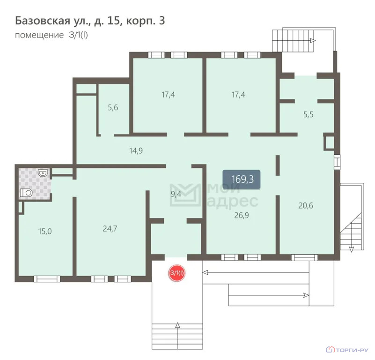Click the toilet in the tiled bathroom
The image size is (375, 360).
pos(26,193)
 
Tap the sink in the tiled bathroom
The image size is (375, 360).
pos(43,172)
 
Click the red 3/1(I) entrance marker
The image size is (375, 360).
pos(177,273)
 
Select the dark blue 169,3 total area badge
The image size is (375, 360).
pos(242,180)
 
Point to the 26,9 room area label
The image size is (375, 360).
pos(242,215)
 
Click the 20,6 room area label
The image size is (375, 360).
pos(306,205)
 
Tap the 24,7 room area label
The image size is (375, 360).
pos(110,229)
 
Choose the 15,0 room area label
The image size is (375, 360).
pos(45,232)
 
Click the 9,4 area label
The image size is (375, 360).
pos(176,194)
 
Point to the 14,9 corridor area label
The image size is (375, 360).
pos(136,150)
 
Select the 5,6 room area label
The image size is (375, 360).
pos(113,107)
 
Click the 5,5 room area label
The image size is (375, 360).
pos(309,114)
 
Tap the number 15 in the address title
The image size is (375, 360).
pos(113,21)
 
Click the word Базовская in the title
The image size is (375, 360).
pos(42,21)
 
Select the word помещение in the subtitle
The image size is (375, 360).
pos(39,35)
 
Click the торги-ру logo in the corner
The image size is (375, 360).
pos(347,350)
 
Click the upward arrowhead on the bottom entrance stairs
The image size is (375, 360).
pos(177,325)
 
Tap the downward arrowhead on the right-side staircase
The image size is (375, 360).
pos(351,249)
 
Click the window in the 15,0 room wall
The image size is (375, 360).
pos(47,279)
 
